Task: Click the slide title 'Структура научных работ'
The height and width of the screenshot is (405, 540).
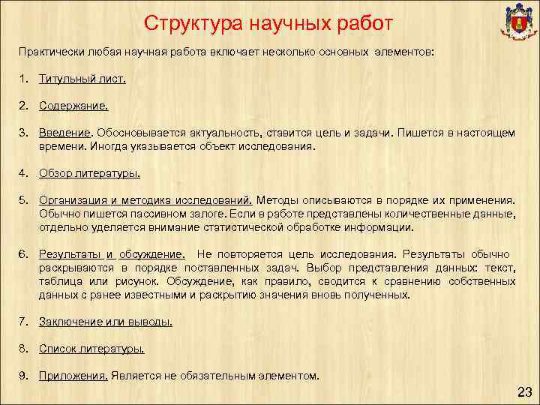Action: [268, 23]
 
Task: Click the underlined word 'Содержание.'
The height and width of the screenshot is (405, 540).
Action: [73, 106]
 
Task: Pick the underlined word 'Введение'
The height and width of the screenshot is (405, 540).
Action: [64, 133]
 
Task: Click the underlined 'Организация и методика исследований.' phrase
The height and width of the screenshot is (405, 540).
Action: [147, 200]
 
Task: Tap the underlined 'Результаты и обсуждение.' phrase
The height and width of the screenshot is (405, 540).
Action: [112, 254]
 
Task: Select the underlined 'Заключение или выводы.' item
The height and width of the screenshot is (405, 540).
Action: [106, 322]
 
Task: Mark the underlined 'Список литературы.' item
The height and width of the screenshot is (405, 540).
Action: [91, 349]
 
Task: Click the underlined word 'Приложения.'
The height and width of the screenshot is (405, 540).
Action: [73, 376]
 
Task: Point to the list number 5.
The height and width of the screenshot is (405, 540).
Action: [24, 200]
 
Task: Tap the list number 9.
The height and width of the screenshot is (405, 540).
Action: [24, 376]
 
